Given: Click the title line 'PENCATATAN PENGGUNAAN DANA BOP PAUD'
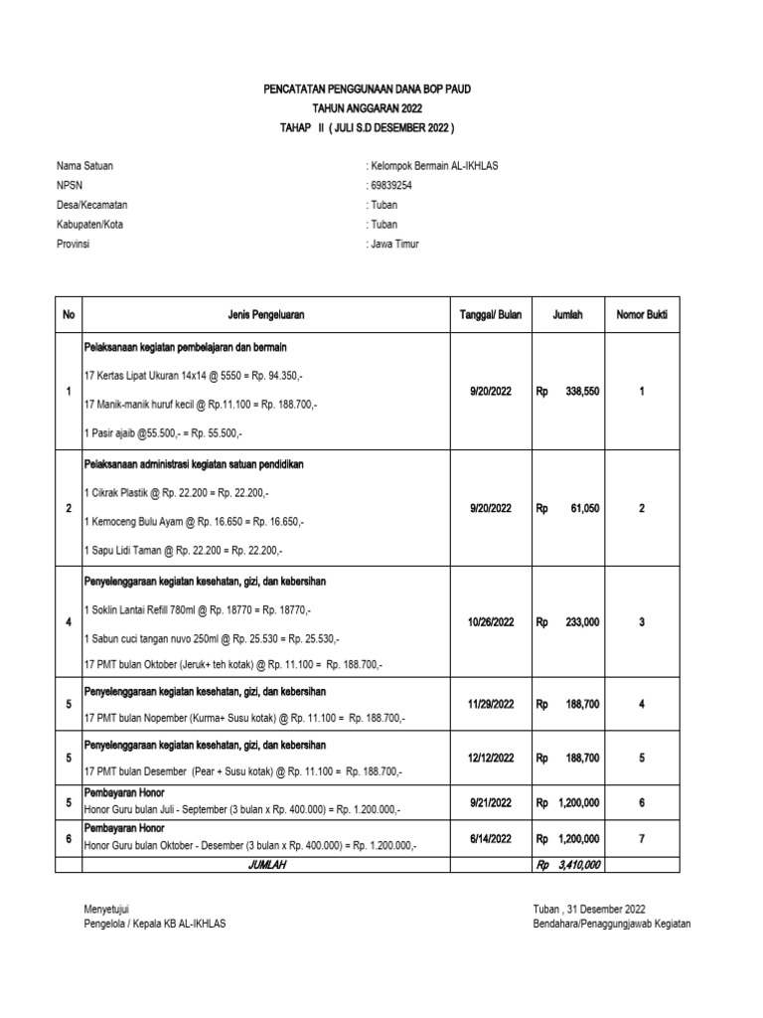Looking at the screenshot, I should click(x=367, y=89).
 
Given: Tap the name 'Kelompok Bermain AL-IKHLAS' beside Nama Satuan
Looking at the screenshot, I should click(x=432, y=165).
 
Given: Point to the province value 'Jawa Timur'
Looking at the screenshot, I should click(x=394, y=244).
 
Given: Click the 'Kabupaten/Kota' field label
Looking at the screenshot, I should click(x=89, y=225).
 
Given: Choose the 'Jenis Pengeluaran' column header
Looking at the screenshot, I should click(x=265, y=315).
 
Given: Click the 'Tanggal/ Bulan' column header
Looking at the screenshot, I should click(x=490, y=315).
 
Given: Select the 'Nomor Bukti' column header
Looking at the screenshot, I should click(x=642, y=315).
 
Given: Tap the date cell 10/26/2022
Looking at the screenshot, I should click(x=490, y=622).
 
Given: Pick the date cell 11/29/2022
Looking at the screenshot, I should click(x=490, y=704).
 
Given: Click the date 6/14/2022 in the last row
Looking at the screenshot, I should click(x=490, y=839).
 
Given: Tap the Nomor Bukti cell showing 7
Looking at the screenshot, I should click(x=642, y=839).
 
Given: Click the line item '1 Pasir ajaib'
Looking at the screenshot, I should click(x=164, y=434).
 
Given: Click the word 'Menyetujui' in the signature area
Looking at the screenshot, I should click(x=108, y=909).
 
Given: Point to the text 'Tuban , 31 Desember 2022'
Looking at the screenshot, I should click(x=589, y=909).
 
